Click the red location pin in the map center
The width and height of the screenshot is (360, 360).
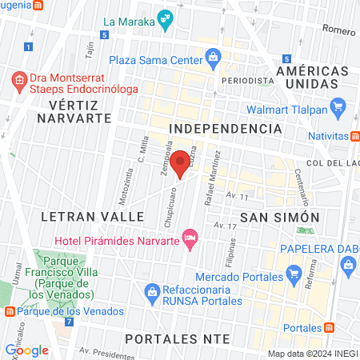pos(180,161)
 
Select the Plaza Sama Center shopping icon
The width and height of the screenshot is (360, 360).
pos(213,57)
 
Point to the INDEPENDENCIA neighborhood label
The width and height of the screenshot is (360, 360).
pos(226,128)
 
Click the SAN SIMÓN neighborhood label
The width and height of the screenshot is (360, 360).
pos(280,217)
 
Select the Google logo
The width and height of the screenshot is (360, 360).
pos(27,350)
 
